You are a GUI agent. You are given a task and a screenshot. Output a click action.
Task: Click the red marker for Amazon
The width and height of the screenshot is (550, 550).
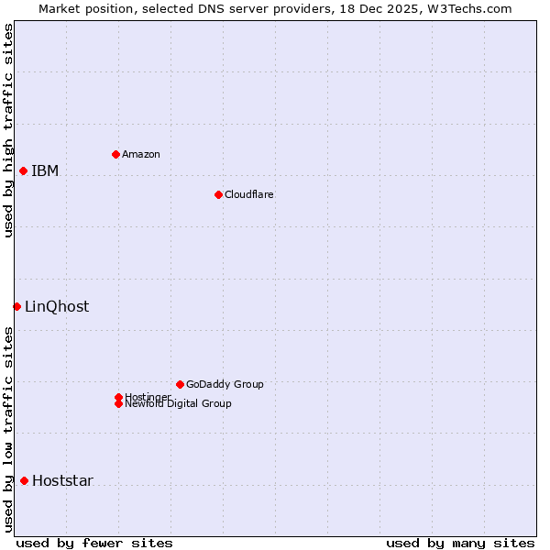(115, 154)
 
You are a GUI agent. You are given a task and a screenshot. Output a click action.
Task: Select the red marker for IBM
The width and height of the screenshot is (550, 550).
(23, 170)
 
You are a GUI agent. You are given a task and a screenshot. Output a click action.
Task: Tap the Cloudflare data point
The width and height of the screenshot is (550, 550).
(218, 194)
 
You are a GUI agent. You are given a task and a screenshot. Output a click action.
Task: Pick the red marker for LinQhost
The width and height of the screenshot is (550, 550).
(16, 306)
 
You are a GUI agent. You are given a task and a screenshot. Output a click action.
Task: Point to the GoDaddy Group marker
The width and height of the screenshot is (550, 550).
(180, 384)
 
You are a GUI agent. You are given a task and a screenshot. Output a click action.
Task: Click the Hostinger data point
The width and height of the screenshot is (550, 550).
(118, 397)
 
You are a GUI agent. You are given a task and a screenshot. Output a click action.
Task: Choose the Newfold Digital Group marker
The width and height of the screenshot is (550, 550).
(118, 403)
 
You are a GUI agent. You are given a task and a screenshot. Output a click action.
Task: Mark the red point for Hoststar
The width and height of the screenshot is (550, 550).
(24, 480)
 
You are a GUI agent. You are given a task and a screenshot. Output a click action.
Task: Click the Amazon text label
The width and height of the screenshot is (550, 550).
(140, 154)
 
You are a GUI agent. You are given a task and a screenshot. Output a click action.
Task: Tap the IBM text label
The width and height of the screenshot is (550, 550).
(45, 170)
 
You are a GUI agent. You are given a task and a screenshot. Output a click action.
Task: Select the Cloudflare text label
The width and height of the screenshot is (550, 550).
(248, 194)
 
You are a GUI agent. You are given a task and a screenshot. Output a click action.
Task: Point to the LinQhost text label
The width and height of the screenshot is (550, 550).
(57, 306)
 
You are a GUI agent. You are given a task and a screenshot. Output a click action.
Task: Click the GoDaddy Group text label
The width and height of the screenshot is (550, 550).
(225, 384)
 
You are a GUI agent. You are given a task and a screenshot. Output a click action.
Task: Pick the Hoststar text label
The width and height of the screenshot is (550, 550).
(62, 480)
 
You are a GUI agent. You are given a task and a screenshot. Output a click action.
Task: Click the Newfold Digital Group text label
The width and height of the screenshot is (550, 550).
(178, 403)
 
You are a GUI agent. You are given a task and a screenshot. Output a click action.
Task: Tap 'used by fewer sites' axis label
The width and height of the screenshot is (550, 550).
(94, 543)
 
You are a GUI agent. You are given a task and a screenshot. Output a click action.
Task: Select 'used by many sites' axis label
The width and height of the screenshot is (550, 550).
(460, 543)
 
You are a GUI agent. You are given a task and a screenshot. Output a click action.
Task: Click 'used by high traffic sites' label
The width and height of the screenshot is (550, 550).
(8, 130)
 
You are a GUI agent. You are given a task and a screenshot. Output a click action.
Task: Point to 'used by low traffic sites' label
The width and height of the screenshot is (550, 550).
(8, 429)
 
